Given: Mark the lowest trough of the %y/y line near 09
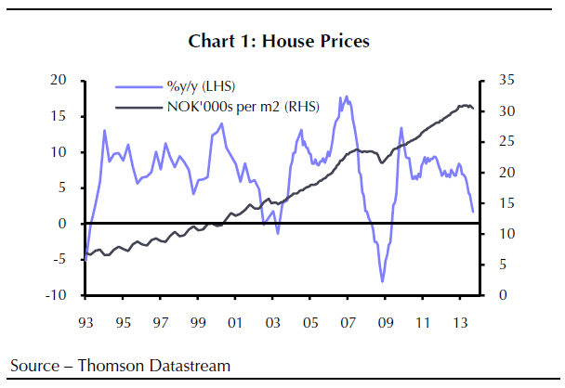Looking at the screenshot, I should tap(382, 281).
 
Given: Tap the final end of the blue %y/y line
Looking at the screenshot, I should tap(473, 212).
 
